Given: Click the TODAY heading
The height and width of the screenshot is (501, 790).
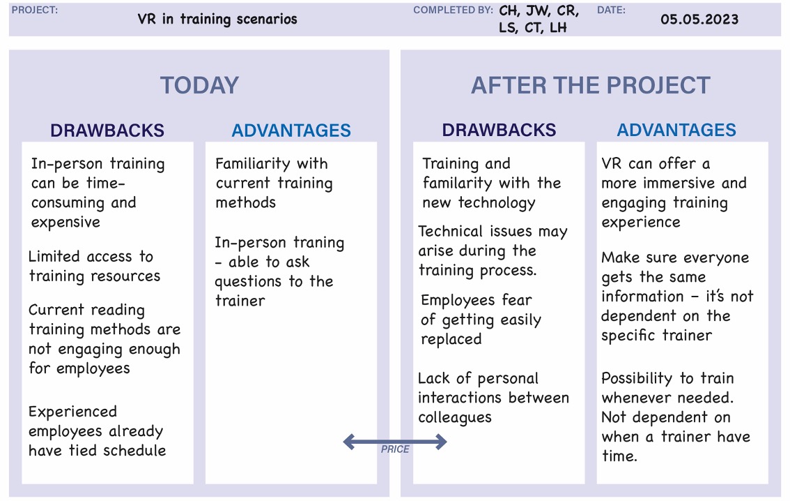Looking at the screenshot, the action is pos(199,85).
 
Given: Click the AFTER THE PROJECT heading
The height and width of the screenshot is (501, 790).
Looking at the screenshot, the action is pos(591,85).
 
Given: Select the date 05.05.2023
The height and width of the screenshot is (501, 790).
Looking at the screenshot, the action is pos(699,19).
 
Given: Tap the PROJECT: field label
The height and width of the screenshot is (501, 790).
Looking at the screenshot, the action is pos(35,10).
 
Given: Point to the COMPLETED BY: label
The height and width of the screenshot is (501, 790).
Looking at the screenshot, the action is pos(453,10).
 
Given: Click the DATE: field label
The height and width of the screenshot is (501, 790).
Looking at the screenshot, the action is pos(611,10).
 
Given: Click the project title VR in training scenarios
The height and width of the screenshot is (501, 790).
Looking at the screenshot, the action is pos(217,19).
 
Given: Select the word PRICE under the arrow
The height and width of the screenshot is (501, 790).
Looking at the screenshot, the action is pos(395,449).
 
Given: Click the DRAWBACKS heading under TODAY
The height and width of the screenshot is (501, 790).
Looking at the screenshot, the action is pos(107,130).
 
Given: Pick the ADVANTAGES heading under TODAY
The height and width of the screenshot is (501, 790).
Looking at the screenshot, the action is pos(291,130).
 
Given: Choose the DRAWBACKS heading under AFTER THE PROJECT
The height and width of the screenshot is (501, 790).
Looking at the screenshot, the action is pos(499,130).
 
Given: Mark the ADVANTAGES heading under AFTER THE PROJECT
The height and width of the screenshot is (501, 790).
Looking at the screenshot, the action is pos(676,130).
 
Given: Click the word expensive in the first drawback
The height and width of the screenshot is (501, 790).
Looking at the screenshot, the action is pos(65,223).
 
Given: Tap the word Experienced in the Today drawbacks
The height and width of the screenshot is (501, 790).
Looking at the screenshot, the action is pos(72,412).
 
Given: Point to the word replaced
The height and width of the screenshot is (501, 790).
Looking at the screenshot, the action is pos(451,340).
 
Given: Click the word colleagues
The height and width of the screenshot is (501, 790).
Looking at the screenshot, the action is pos(454,418).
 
